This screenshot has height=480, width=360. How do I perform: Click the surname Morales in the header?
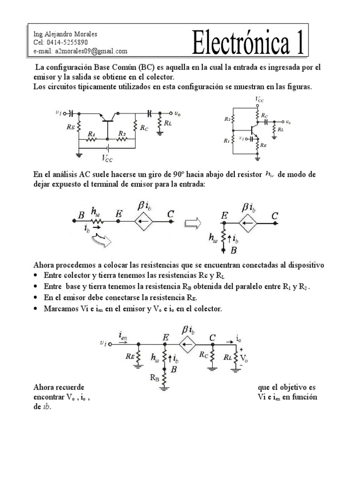84,34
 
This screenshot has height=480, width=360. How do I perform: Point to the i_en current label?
124,335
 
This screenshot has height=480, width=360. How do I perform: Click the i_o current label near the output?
239,338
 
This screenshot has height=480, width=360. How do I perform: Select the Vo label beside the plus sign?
244,359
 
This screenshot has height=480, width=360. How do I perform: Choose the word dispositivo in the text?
301,265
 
